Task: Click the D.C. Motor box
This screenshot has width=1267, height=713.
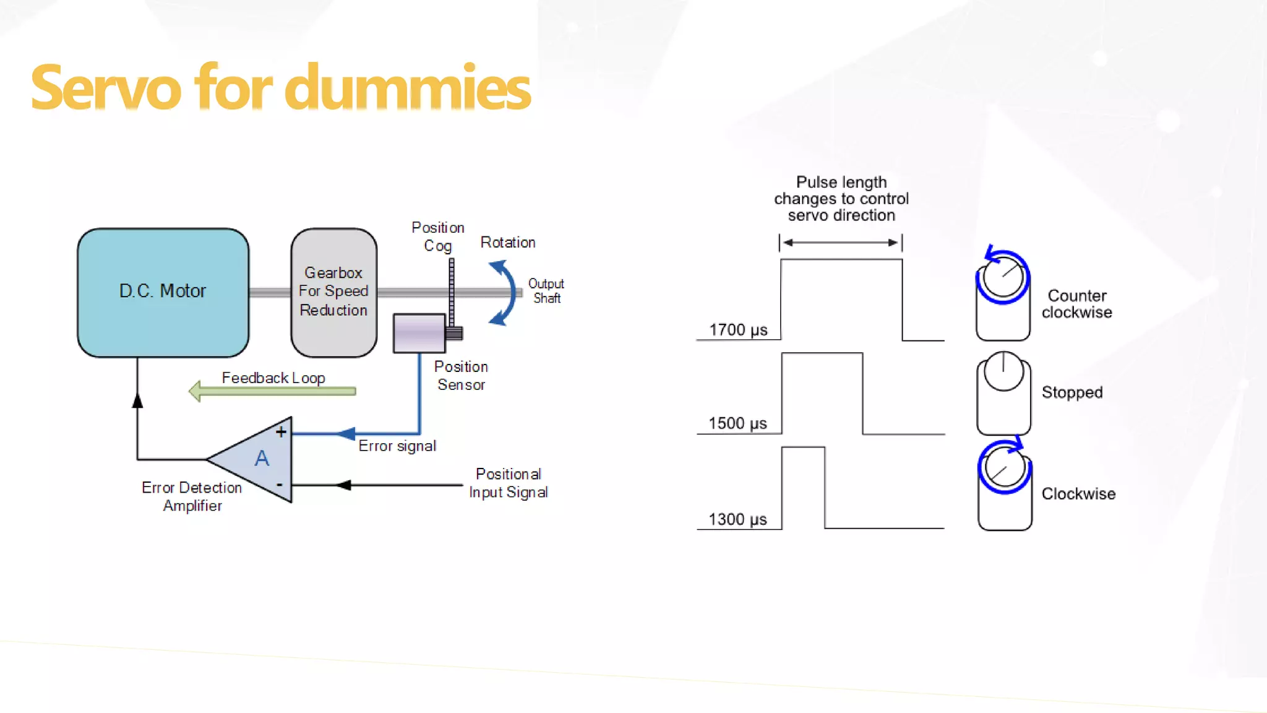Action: pos(163,292)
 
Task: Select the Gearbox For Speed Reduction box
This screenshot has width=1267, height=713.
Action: pos(333,292)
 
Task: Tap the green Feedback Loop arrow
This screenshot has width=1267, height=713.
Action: pos(272,391)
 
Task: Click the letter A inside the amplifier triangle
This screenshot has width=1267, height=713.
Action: pos(262,459)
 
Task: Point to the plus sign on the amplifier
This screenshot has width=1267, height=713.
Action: pos(281,432)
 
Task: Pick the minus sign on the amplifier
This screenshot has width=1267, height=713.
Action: pos(280,485)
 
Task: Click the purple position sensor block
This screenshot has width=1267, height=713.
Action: pos(419,333)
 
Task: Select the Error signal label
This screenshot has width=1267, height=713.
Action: pos(397,446)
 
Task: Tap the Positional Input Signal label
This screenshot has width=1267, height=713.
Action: pos(508,483)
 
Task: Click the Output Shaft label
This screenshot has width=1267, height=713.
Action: pos(546,291)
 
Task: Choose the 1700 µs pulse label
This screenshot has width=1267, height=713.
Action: pos(738,330)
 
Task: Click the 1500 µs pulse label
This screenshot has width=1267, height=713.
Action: pos(737,423)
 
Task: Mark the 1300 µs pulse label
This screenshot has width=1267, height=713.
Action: pos(737,519)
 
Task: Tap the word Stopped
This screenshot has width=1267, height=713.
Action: pos(1072,392)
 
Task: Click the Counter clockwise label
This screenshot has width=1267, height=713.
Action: pos(1076,304)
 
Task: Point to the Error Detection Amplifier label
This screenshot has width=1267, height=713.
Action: pos(192,496)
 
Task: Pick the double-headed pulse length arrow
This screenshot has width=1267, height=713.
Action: pos(841,243)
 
